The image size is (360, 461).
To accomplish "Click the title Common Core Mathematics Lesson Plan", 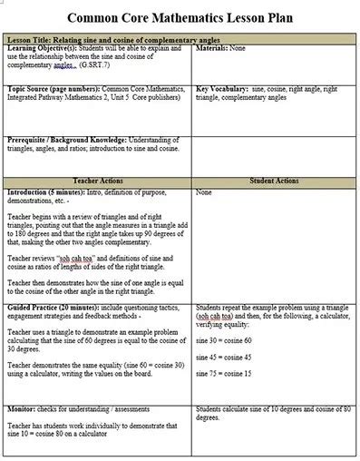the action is click(x=179, y=16).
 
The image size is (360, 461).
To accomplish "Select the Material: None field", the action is click(x=220, y=48).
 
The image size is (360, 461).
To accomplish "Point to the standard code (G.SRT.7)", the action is click(x=95, y=65).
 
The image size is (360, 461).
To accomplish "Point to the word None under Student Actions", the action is click(x=204, y=191).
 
